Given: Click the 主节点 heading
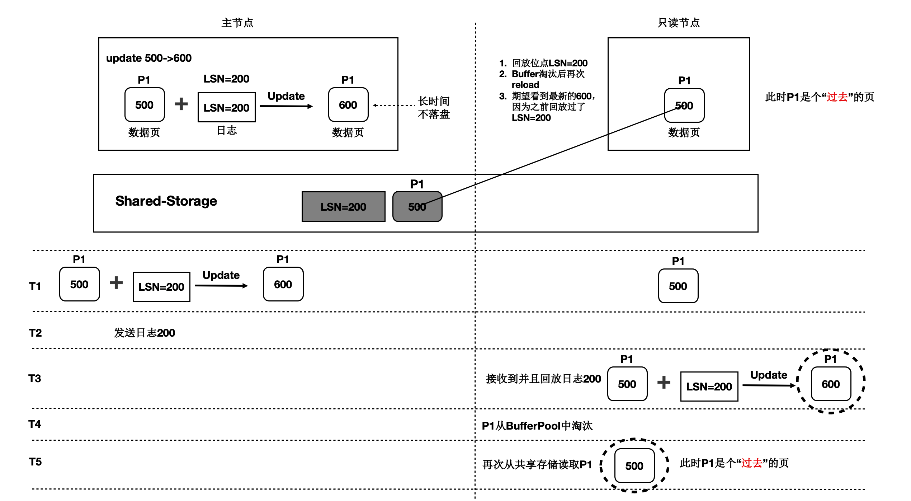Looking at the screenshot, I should (x=237, y=23).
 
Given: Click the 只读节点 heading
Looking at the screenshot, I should (x=678, y=23).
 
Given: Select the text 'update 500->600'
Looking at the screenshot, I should (x=148, y=58).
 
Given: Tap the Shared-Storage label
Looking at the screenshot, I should (x=166, y=201).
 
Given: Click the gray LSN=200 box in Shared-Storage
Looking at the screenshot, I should (x=343, y=207).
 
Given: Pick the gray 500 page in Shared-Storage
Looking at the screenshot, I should (x=417, y=207).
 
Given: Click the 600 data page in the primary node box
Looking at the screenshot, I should (x=348, y=105).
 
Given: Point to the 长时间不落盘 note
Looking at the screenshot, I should (x=433, y=108).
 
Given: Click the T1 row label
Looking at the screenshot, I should (x=35, y=286).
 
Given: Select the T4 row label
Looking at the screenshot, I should (x=35, y=424).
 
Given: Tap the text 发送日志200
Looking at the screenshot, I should (x=145, y=333).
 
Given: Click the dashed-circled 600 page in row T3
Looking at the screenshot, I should (x=831, y=384).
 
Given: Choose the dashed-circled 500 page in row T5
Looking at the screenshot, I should (x=634, y=466).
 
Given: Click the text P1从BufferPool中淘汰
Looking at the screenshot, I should (x=537, y=426).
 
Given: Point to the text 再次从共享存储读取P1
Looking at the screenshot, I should (x=537, y=465).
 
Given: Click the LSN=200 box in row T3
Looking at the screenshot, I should (x=709, y=387).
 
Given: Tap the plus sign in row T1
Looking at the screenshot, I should (x=116, y=283).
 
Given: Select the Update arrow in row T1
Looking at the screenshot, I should (x=221, y=286).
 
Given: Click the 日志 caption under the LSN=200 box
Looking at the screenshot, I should (x=227, y=130).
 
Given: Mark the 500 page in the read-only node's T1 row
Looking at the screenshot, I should (x=678, y=286).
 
